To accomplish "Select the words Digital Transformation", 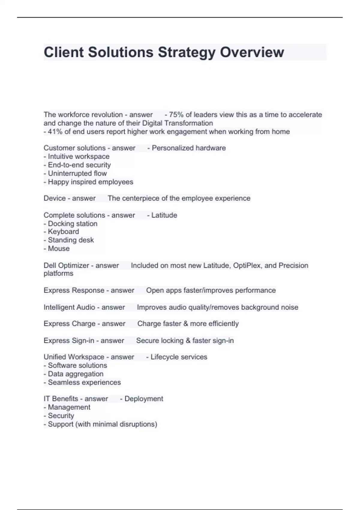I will [x=177, y=123].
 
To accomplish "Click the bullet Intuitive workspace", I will [x=79, y=157].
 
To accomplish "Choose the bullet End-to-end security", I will [x=79, y=165].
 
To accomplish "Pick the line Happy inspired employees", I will [x=90, y=182].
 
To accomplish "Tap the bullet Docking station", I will [x=72, y=224].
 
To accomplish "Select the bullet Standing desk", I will [x=71, y=240].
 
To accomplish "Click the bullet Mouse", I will [x=58, y=249].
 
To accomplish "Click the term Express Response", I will [x=74, y=290].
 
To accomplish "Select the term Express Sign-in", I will [x=69, y=341].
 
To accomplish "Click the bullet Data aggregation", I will [x=76, y=374].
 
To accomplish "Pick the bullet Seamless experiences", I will [x=84, y=382].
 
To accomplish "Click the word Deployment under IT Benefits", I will [x=144, y=399].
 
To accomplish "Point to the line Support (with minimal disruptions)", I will [x=102, y=424].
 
